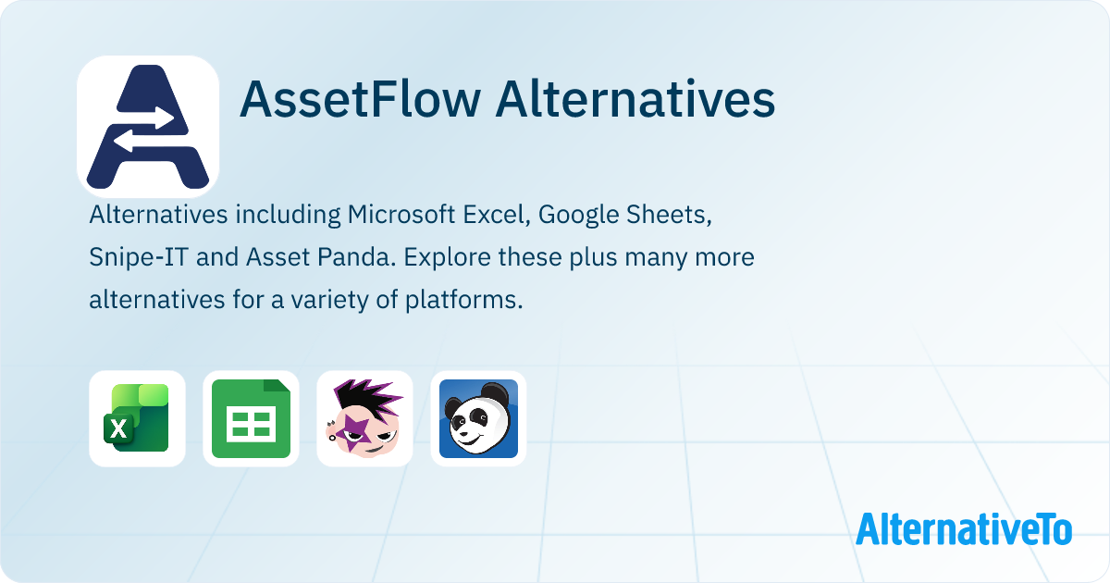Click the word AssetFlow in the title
pyautogui.click(x=357, y=100)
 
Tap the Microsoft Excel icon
pyautogui.click(x=137, y=418)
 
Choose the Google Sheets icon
pyautogui.click(x=251, y=418)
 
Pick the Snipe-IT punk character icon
pyautogui.click(x=364, y=418)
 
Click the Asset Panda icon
pyautogui.click(x=478, y=418)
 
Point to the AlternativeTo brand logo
pyautogui.click(x=964, y=529)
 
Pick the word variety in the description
pyautogui.click(x=339, y=300)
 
